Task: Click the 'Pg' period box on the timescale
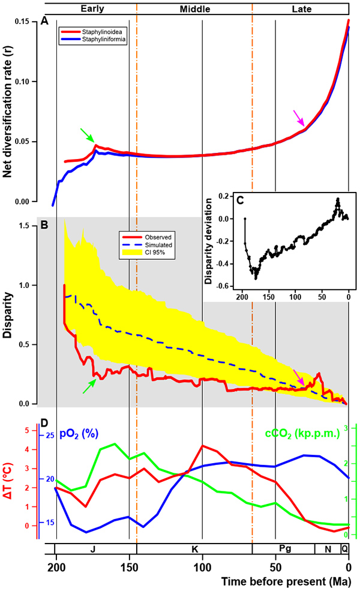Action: click(x=283, y=549)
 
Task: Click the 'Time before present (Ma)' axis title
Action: click(x=290, y=582)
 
